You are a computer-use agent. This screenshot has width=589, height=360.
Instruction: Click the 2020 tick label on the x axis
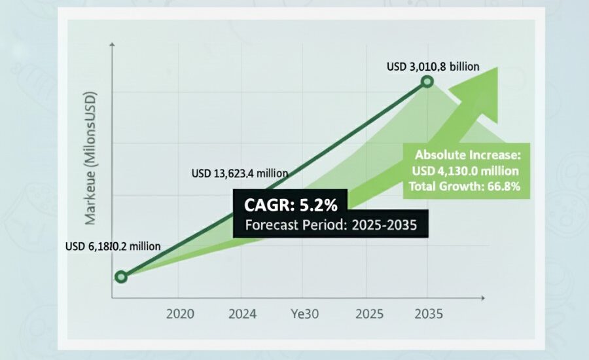coord(181,314)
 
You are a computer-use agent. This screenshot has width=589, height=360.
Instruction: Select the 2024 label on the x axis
coord(242,314)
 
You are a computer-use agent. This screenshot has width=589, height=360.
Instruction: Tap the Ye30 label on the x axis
coord(304,314)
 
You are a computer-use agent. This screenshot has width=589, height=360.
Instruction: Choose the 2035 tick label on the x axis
coord(429,314)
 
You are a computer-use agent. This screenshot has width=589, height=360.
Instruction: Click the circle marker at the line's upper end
coord(427,81)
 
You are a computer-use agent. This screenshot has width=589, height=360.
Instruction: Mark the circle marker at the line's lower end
coord(120,277)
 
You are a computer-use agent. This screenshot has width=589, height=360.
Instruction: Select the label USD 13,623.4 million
coord(240,173)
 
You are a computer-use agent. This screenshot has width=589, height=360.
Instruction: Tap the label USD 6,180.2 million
coord(113,247)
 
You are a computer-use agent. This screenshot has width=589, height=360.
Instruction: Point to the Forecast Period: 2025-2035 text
coord(330,226)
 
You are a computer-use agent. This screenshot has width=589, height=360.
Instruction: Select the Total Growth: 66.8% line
coord(465,187)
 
